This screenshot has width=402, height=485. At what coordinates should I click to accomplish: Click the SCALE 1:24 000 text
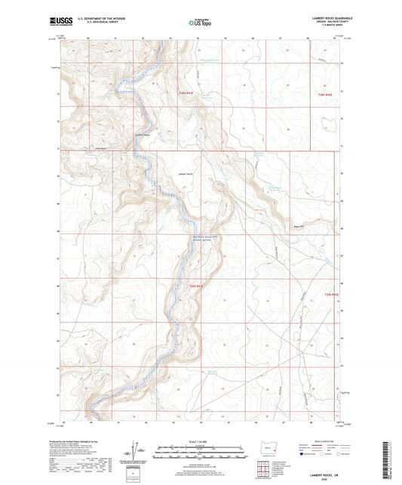(200, 441)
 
